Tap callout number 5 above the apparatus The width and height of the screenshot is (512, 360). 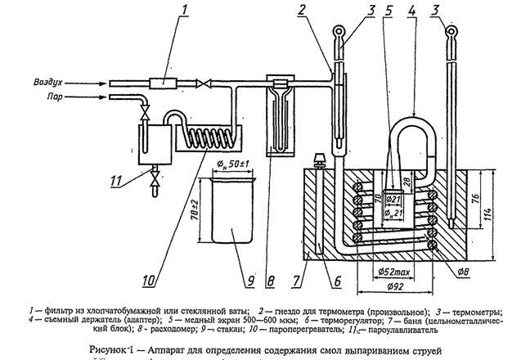[390, 11]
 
